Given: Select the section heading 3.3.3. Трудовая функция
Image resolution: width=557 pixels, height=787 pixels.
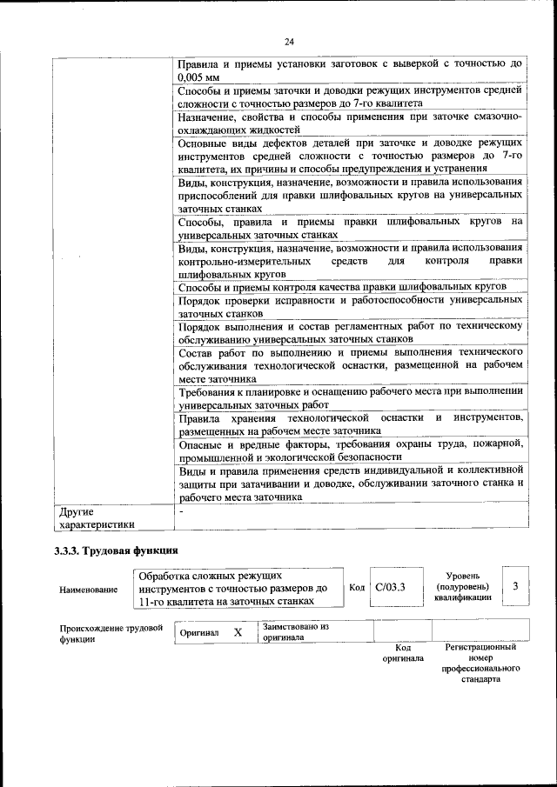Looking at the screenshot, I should tap(115, 550).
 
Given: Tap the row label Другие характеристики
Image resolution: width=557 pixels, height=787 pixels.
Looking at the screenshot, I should tap(95, 517).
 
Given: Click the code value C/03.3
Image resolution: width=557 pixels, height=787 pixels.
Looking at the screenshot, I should tap(391, 587).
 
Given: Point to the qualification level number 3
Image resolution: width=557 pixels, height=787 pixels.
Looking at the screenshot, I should tap(515, 586).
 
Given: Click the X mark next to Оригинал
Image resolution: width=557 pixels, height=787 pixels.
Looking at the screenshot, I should tap(238, 632).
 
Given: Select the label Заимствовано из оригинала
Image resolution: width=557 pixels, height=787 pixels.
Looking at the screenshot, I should tap(295, 631).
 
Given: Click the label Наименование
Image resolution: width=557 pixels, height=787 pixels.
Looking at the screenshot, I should tap(88, 590).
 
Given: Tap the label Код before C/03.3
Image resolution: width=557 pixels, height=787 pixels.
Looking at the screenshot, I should tap(357, 587).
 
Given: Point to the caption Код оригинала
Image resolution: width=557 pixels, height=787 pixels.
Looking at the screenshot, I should tap(402, 653).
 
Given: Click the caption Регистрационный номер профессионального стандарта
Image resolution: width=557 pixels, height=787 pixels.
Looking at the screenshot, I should tap(480, 663).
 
